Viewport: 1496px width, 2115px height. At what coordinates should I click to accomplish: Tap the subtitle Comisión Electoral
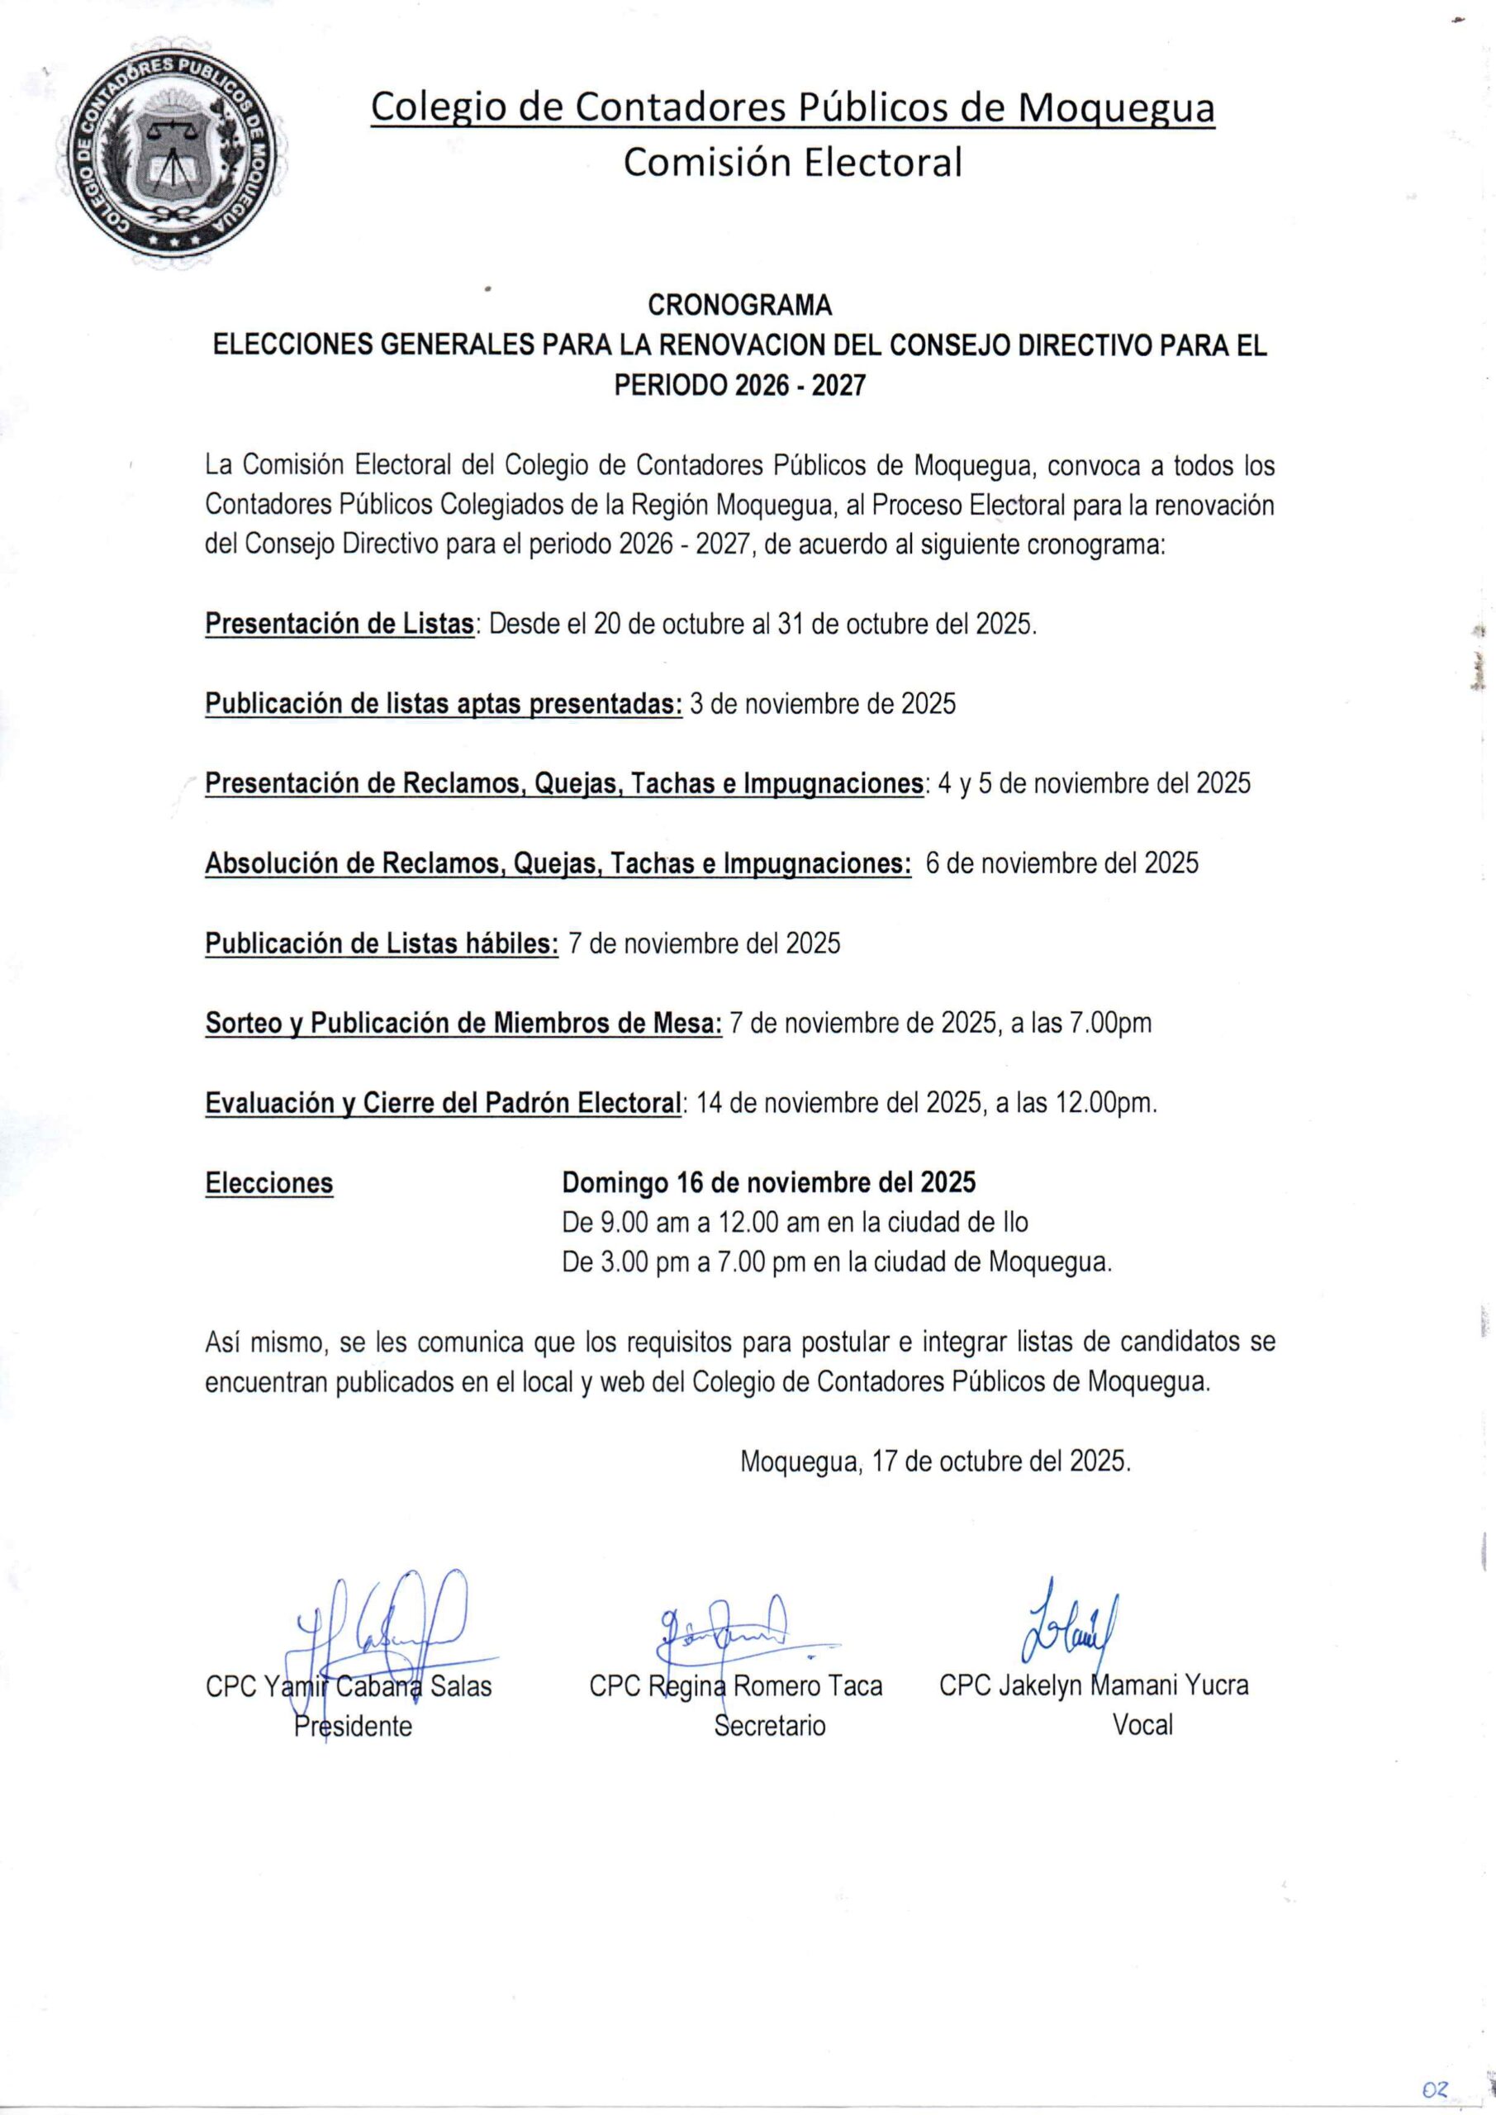[x=792, y=163]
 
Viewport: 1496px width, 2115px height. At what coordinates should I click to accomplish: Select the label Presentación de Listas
[x=339, y=624]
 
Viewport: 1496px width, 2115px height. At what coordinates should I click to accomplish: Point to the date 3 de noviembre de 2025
[x=823, y=704]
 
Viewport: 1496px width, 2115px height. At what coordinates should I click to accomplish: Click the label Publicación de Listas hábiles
[x=382, y=943]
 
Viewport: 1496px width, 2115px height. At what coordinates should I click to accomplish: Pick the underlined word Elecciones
[x=269, y=1183]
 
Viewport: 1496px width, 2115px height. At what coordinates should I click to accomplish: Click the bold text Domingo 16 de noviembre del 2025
[x=768, y=1182]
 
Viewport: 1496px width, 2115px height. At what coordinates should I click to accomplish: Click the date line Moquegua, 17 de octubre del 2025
[x=935, y=1461]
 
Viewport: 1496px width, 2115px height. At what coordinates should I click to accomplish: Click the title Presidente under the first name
[x=353, y=1725]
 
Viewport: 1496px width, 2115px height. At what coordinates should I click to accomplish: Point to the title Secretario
[x=770, y=1725]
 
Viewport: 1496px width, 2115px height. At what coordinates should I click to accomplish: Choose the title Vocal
[x=1142, y=1725]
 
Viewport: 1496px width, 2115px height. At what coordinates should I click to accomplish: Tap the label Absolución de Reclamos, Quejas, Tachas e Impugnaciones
[x=558, y=863]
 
